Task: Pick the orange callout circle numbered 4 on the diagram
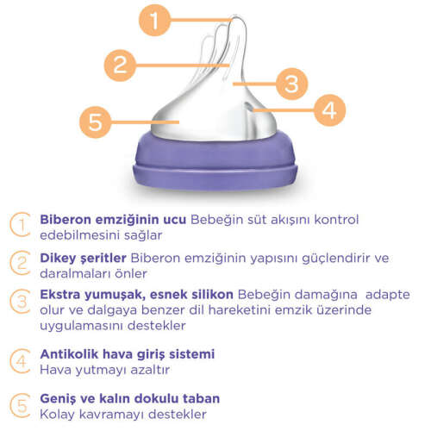coord(328,110)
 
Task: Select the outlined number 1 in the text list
coord(19,225)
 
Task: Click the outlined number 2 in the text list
coord(19,264)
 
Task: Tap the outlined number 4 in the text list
coord(19,360)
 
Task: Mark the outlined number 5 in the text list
coord(19,405)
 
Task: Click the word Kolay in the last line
coord(58,414)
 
